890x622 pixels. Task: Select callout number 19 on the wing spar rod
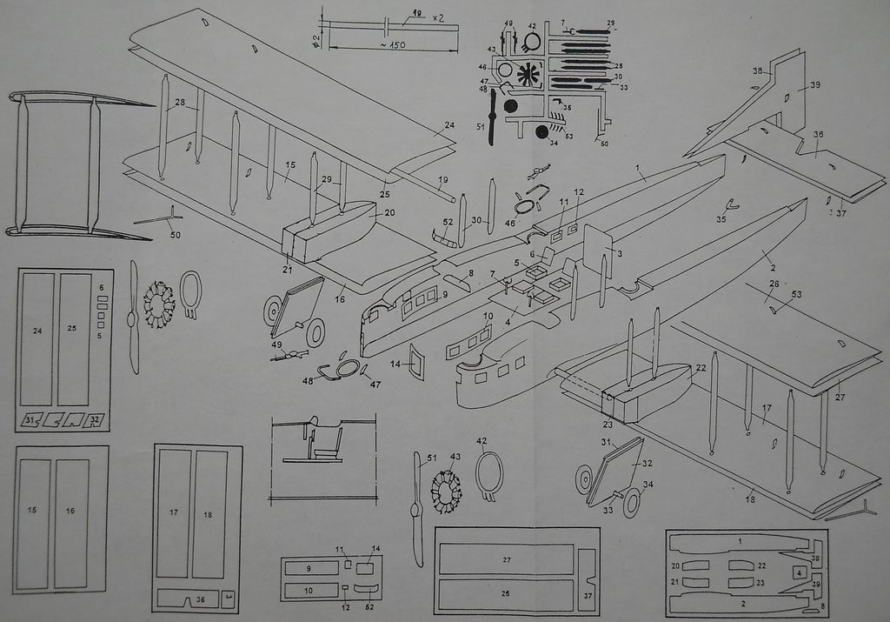[443, 181]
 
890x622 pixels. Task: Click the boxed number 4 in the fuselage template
[799, 572]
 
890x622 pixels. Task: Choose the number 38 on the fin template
[814, 558]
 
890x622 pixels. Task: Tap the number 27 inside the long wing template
[506, 559]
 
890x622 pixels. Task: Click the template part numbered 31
[31, 420]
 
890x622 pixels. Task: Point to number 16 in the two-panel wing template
[70, 511]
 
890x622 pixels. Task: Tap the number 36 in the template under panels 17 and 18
[200, 599]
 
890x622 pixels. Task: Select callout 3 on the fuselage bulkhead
[619, 252]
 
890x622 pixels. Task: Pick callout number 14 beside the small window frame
[395, 363]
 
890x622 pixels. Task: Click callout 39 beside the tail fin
[815, 84]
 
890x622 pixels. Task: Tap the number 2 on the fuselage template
[743, 602]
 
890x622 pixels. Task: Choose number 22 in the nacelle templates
[761, 565]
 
